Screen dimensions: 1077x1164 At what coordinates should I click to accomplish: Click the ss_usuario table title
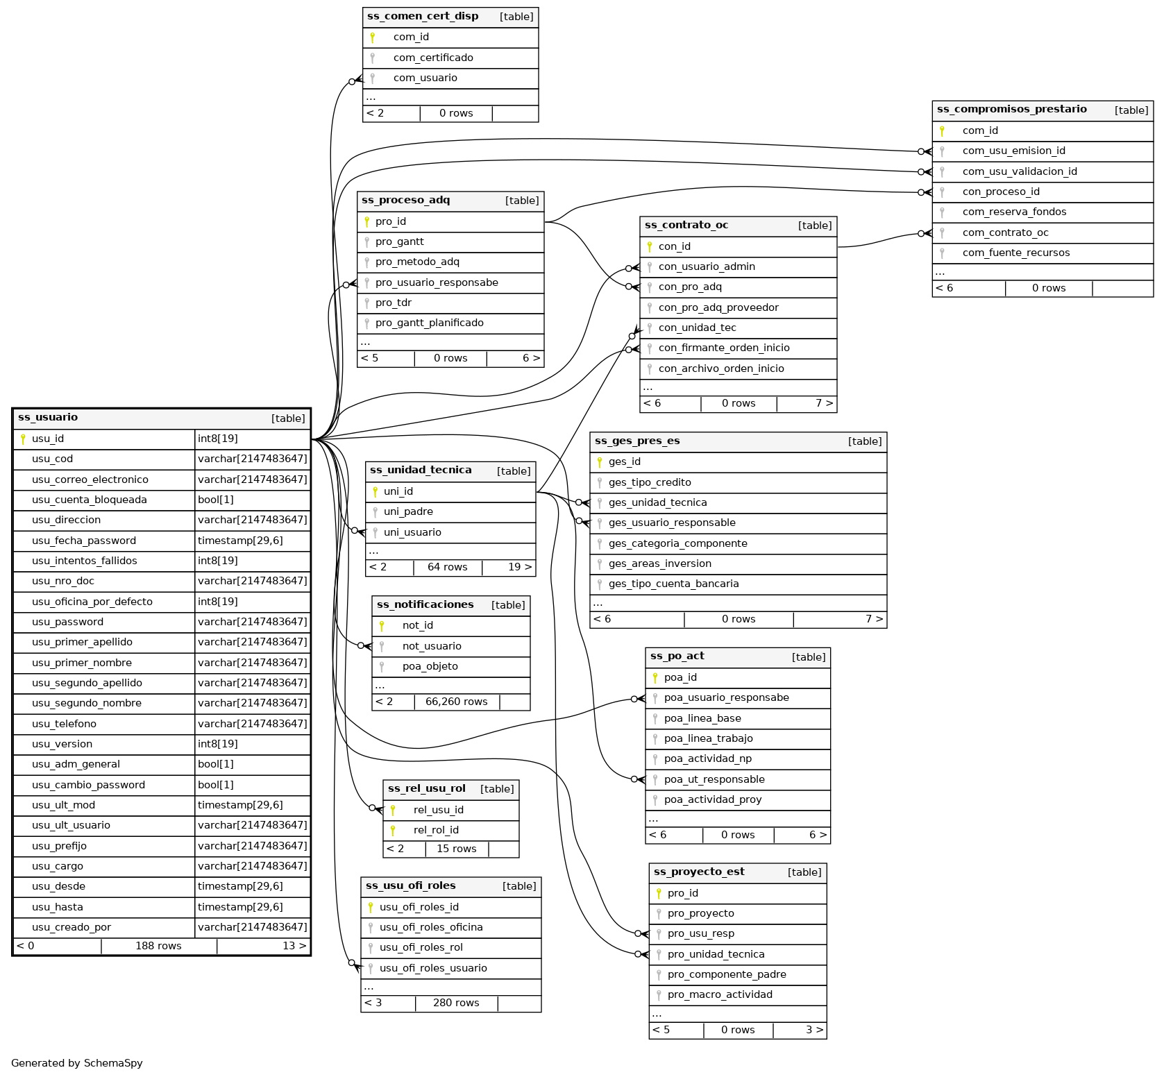tap(48, 418)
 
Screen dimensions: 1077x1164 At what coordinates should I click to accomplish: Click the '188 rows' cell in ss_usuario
tap(158, 946)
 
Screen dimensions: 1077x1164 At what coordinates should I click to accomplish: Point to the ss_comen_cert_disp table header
tap(423, 17)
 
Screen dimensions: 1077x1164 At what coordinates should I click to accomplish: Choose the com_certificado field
tap(433, 58)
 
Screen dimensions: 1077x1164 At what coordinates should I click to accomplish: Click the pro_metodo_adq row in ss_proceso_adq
tap(417, 262)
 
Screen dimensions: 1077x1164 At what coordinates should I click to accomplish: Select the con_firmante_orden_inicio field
tap(724, 348)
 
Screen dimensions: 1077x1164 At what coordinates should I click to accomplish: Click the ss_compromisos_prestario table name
tap(1011, 110)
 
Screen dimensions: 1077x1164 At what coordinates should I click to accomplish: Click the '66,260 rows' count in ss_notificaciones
tap(456, 702)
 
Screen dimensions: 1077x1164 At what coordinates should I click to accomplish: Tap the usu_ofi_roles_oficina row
tap(431, 927)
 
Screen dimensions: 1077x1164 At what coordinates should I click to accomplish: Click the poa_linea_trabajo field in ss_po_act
tap(708, 738)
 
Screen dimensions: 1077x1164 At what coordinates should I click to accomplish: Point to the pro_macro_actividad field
tap(720, 994)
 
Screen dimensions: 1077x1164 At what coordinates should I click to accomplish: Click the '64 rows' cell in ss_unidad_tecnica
tap(447, 567)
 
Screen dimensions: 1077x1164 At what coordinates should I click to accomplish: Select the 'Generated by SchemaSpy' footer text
tap(77, 1063)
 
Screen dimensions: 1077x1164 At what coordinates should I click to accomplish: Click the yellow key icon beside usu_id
tap(23, 439)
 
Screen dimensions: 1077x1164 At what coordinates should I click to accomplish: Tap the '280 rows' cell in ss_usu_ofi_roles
tap(456, 1003)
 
